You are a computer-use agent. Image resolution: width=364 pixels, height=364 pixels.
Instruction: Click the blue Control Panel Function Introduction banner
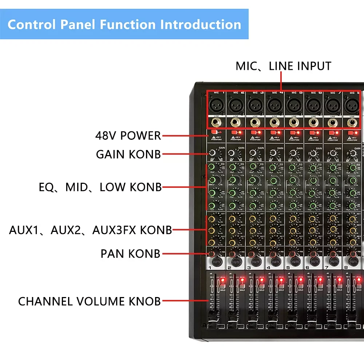pos(124,24)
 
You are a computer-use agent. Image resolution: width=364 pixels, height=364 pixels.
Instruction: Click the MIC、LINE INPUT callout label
pos(283,66)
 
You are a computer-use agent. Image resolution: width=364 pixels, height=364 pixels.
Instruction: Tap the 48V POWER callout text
pos(128,136)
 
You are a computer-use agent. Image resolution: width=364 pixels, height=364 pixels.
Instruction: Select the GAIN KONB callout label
pos(128,154)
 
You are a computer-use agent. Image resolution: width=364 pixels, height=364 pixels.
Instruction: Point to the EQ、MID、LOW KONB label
pos(100,187)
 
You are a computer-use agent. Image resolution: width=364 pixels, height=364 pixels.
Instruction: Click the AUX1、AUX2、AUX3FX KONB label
pos(90,230)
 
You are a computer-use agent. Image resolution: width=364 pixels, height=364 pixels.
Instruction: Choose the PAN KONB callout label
pos(130,254)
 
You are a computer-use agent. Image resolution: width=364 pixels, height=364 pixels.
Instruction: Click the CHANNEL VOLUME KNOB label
pos(89,301)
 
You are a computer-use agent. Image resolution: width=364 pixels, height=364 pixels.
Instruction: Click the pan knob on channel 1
pos(212,254)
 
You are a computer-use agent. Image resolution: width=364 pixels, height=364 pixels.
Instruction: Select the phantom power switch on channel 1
pos(215,132)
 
